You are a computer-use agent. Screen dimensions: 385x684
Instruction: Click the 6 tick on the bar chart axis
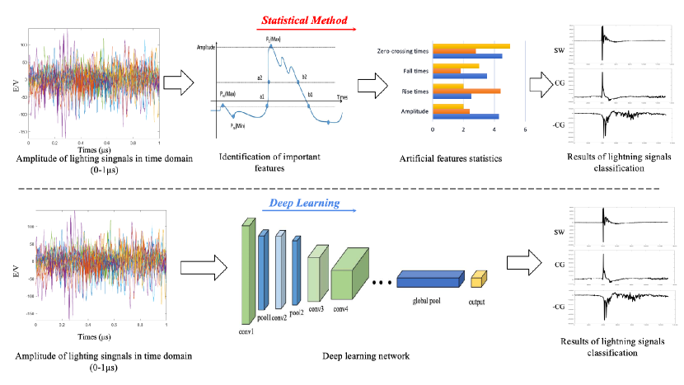pos(525,129)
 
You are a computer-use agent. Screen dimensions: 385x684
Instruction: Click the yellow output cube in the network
pos(476,284)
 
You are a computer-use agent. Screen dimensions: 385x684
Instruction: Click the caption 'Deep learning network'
pos(363,356)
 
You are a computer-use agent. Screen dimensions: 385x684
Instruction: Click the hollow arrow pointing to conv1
pos(197,265)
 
